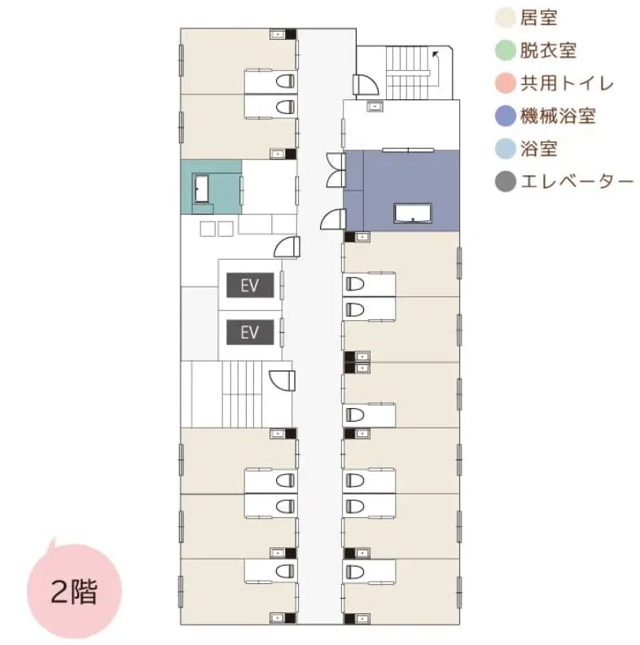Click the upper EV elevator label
tap(249, 287)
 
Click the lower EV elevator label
tap(249, 331)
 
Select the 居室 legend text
tap(539, 16)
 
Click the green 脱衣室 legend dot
tap(506, 50)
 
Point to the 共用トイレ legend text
tap(566, 83)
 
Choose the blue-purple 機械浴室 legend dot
tap(506, 116)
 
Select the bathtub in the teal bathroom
tap(202, 188)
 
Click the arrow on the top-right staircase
tap(436, 55)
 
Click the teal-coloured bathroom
tap(210, 187)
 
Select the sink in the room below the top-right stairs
tap(375, 106)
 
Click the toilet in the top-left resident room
tap(284, 81)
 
